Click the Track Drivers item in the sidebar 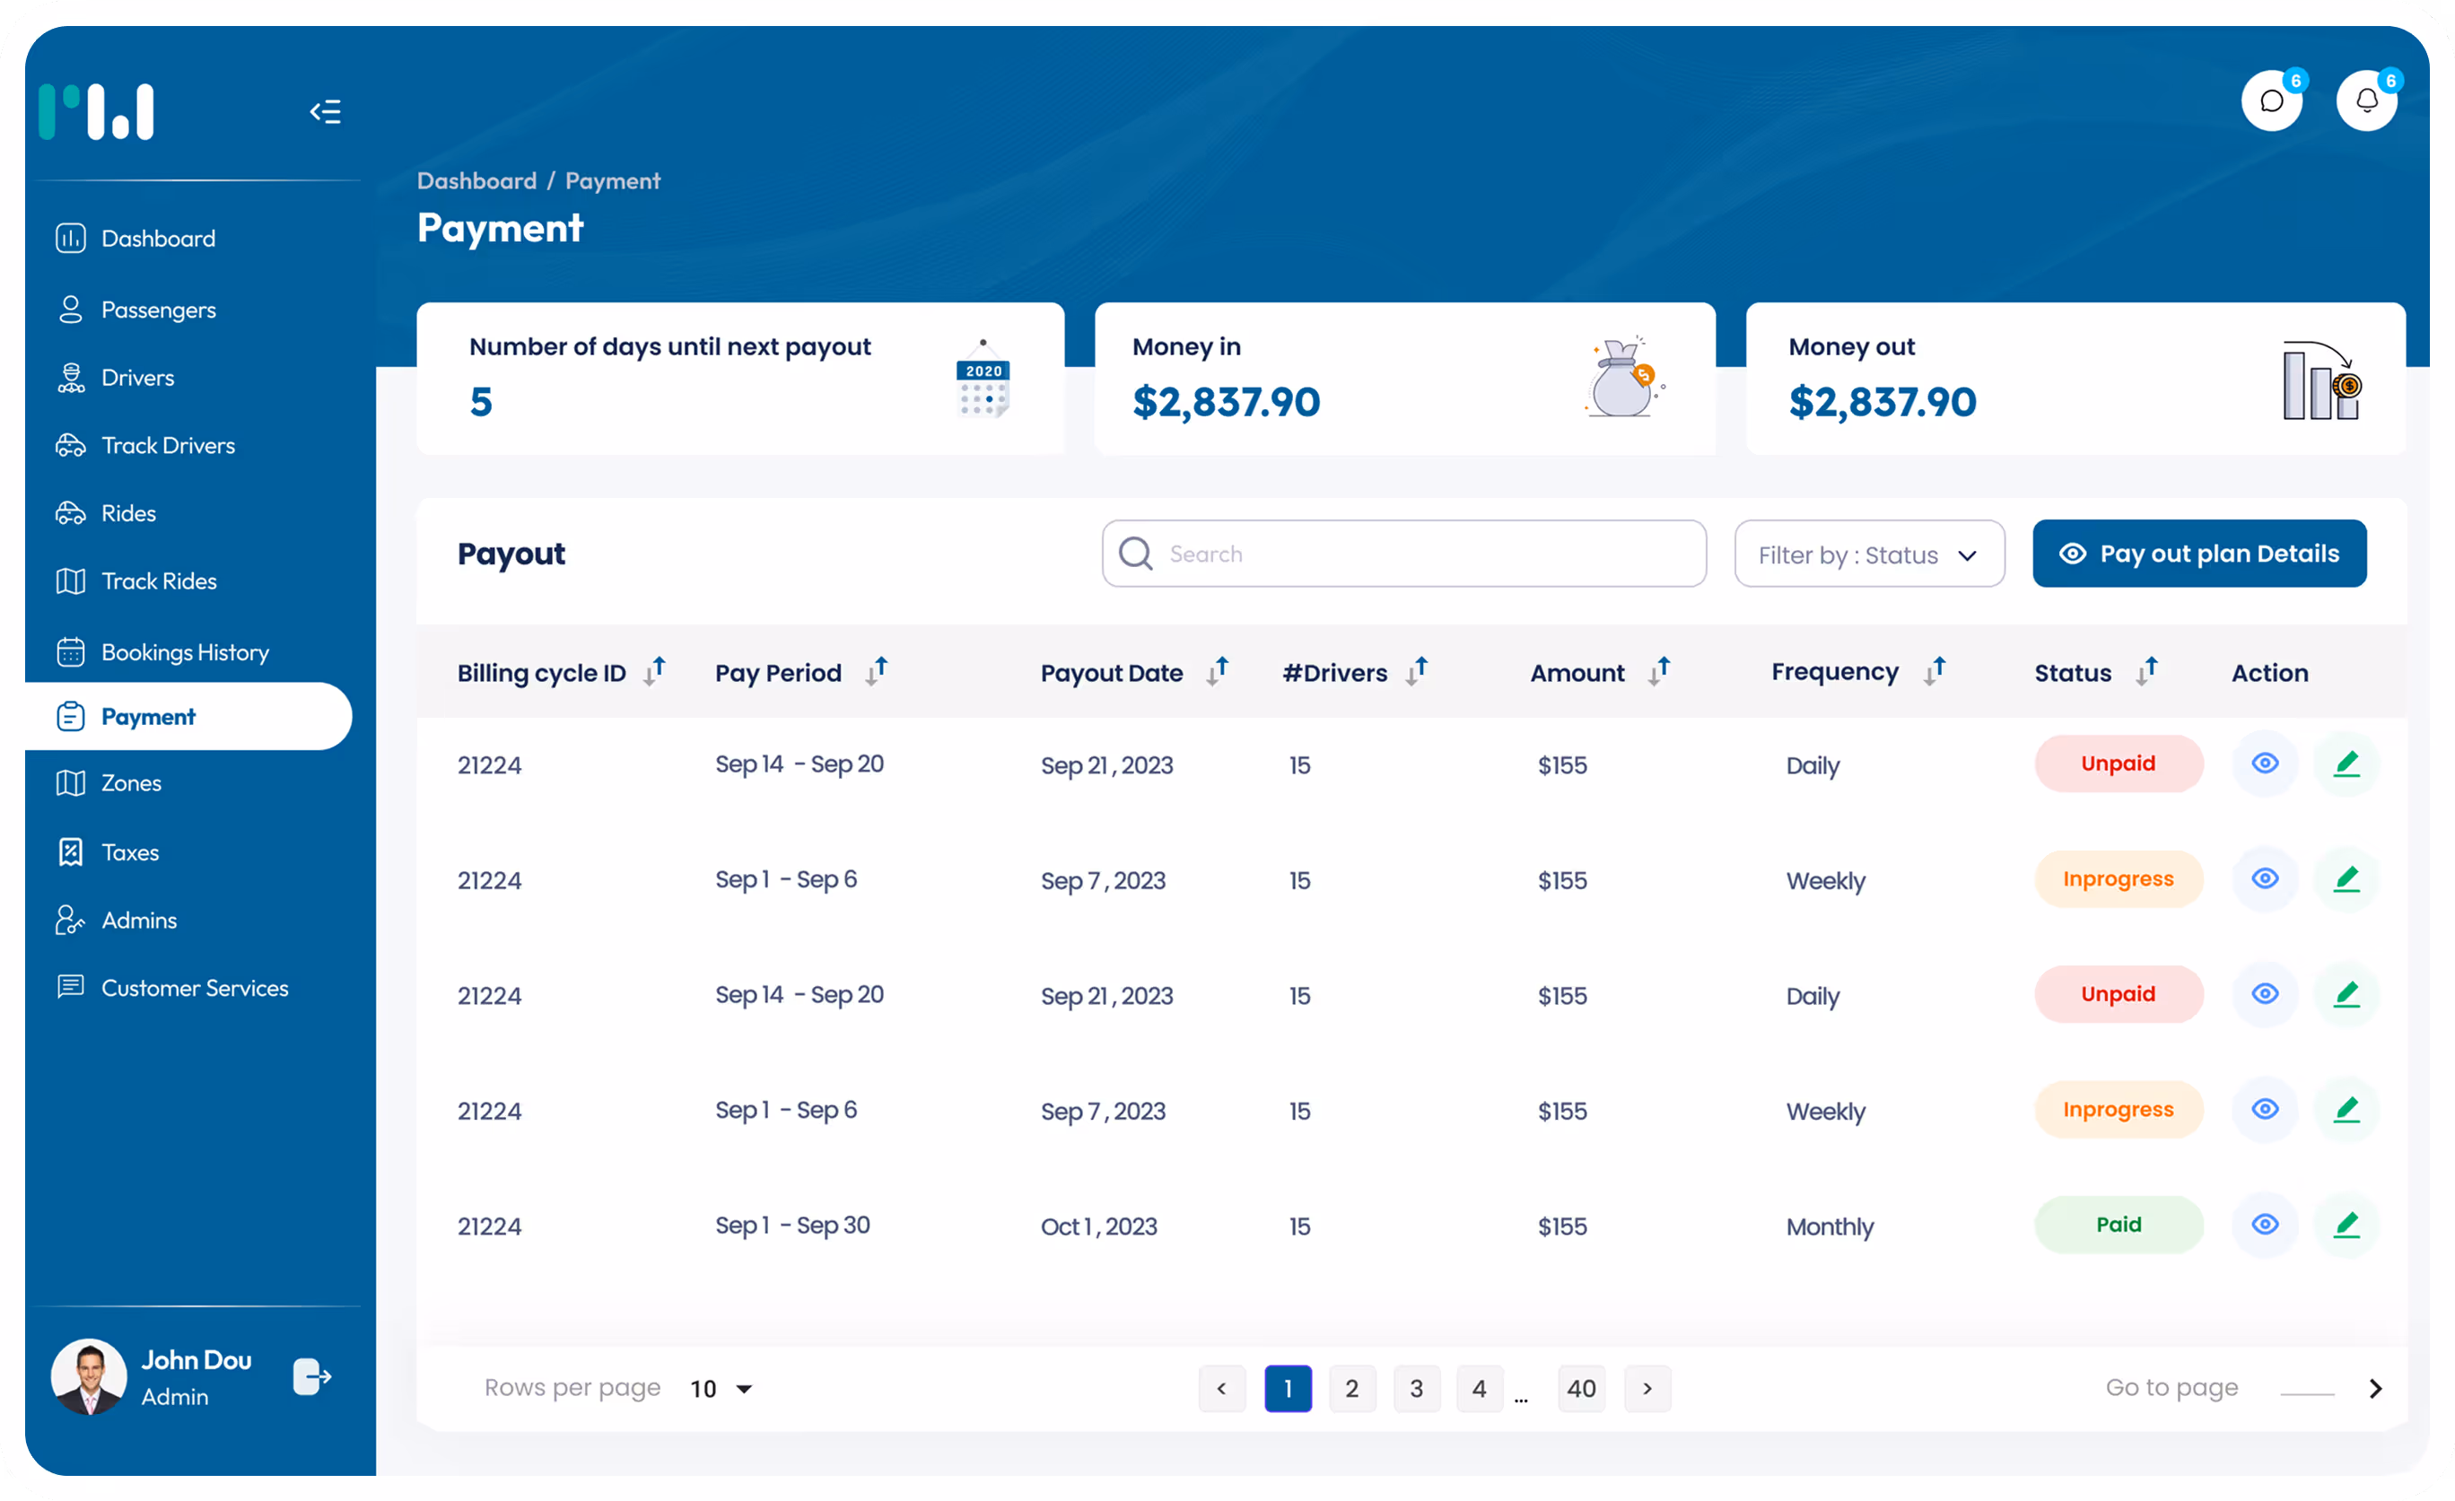pos(168,445)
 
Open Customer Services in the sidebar pos(195,988)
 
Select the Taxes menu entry pos(129,852)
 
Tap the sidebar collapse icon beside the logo pos(325,111)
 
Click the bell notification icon pos(2366,100)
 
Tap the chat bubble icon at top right pos(2271,100)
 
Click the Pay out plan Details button pos(2199,554)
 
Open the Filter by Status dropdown pos(1868,554)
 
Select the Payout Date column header pos(1111,673)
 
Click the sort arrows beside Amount pos(1659,671)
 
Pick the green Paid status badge pos(2119,1225)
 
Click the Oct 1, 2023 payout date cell pos(1099,1226)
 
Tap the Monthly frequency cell pos(1830,1226)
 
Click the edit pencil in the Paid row pos(2346,1225)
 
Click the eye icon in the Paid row pos(2265,1225)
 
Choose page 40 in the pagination pos(1581,1389)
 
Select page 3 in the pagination pos(1416,1389)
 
